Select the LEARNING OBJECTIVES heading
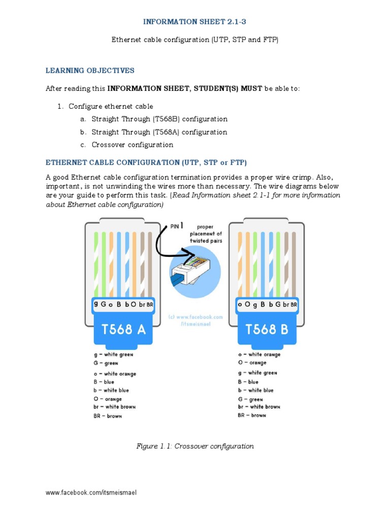tap(90, 70)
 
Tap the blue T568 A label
tap(123, 330)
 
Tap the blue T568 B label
tap(267, 330)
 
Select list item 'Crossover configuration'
tap(132, 145)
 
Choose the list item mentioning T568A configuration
tap(159, 132)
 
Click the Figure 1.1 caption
tap(195, 446)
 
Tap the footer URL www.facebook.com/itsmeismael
tap(91, 493)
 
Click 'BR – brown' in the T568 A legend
tap(108, 416)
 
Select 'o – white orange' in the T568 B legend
tap(259, 354)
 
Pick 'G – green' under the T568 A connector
tap(106, 364)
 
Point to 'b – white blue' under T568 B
tap(255, 391)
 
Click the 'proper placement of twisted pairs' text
tap(205, 234)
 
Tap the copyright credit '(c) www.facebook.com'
tap(196, 317)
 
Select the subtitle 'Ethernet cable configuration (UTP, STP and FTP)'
tap(195, 40)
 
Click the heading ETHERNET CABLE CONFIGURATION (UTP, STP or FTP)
tap(146, 162)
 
